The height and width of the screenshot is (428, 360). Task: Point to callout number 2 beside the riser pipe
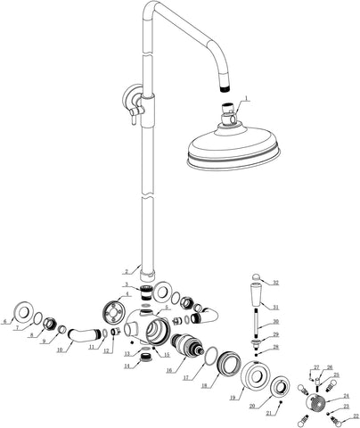click(x=127, y=270)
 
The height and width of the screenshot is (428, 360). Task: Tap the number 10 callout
click(x=59, y=350)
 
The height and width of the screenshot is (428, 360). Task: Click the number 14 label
click(x=125, y=366)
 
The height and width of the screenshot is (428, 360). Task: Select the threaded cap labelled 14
click(x=142, y=359)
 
